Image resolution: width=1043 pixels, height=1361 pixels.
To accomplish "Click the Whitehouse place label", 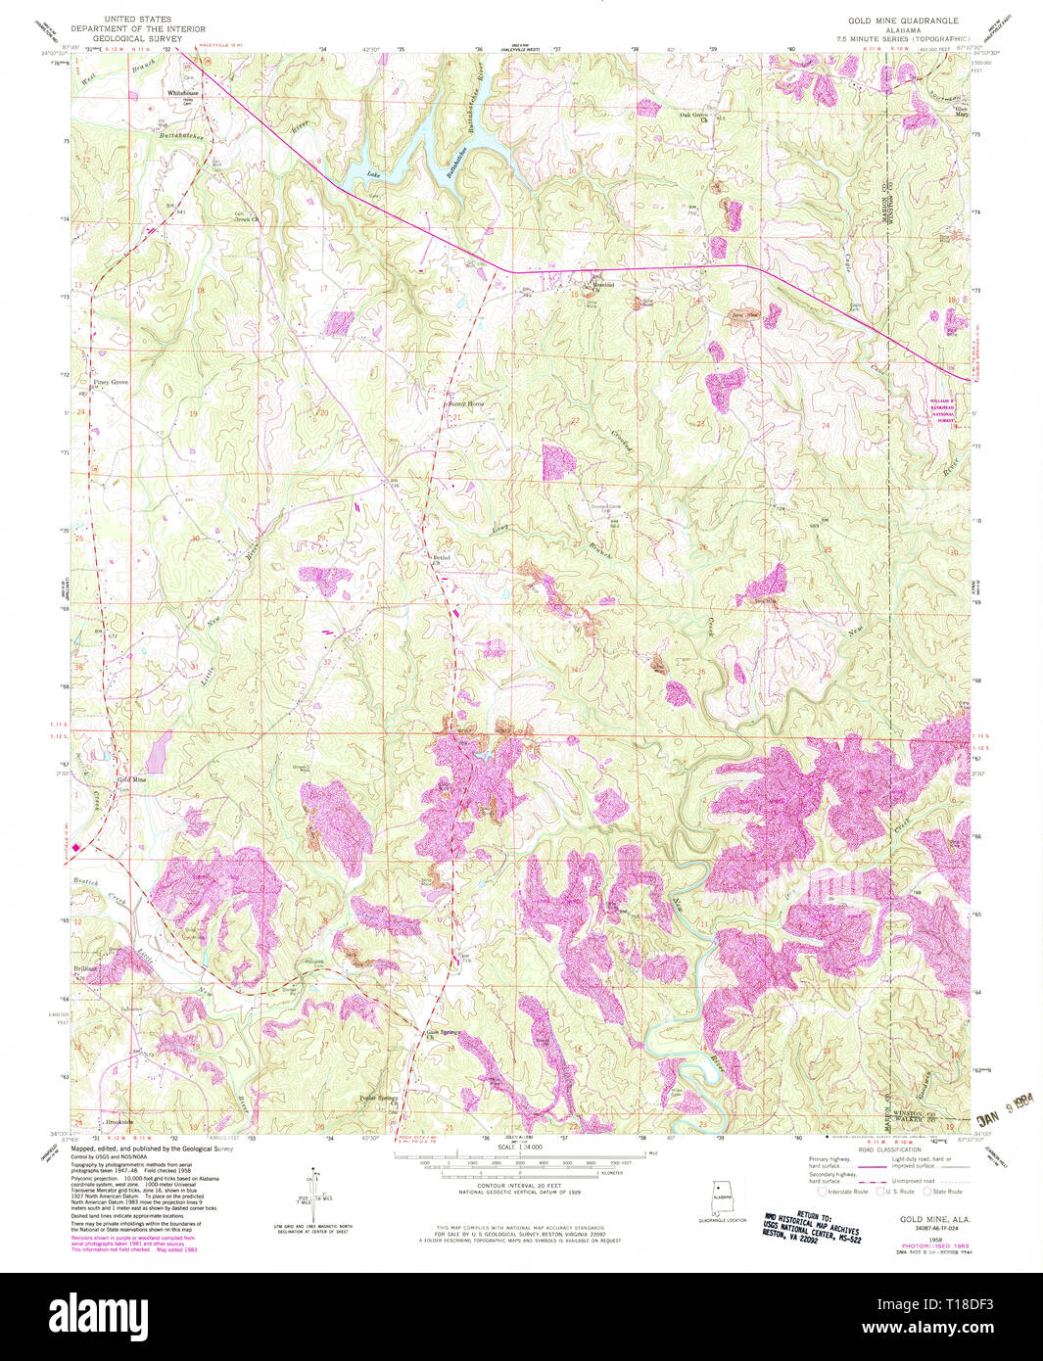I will coord(182,93).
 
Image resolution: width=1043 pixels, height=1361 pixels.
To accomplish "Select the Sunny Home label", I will coord(466,403).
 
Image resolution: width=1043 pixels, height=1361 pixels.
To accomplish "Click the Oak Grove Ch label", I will coord(695,114).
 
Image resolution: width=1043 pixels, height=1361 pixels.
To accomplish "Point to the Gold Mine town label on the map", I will coord(131,779).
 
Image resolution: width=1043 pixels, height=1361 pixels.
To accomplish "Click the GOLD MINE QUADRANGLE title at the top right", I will coord(903,21).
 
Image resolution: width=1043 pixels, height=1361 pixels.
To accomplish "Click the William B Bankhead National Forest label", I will coord(942,408).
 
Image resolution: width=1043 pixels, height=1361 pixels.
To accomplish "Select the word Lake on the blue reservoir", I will coord(372,174).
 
